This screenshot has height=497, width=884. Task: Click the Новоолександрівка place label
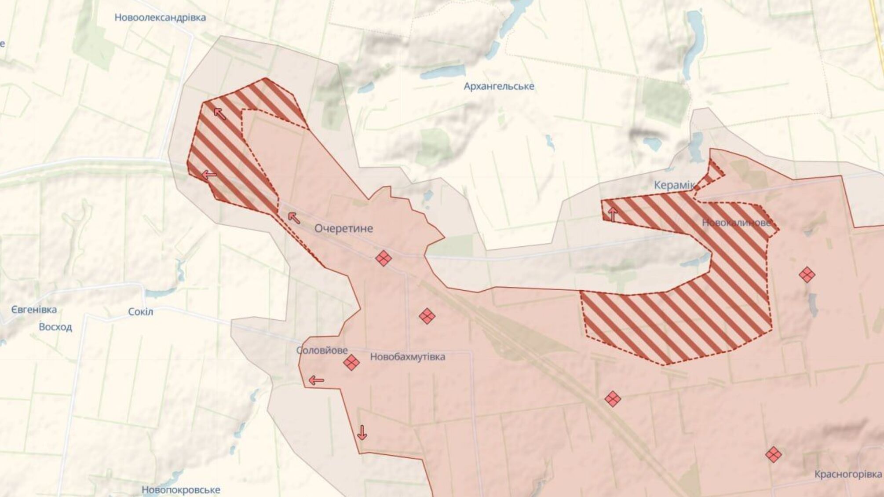(x=160, y=18)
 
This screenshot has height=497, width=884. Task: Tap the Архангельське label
(x=499, y=86)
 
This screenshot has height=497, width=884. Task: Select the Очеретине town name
(x=343, y=228)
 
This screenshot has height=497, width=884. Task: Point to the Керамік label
(x=674, y=185)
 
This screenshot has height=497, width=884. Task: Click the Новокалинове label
(x=736, y=223)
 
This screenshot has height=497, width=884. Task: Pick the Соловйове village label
(x=322, y=351)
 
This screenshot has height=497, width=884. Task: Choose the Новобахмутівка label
(x=407, y=357)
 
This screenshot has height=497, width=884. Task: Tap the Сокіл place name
(x=140, y=312)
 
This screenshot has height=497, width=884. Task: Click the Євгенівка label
(x=34, y=310)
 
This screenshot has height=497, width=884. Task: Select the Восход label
(x=55, y=327)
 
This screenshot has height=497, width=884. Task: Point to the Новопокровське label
(x=181, y=490)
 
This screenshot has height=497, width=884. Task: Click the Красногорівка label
(x=848, y=474)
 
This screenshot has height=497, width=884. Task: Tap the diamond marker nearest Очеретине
(x=384, y=258)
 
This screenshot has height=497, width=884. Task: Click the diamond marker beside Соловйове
(x=351, y=363)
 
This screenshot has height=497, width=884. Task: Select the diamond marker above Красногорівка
(x=773, y=454)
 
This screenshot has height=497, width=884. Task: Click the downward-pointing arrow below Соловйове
(x=362, y=433)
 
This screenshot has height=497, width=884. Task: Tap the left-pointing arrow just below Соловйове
(x=316, y=380)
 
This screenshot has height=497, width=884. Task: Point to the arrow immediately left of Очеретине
(x=294, y=217)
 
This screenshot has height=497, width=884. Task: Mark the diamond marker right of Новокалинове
(x=807, y=275)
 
